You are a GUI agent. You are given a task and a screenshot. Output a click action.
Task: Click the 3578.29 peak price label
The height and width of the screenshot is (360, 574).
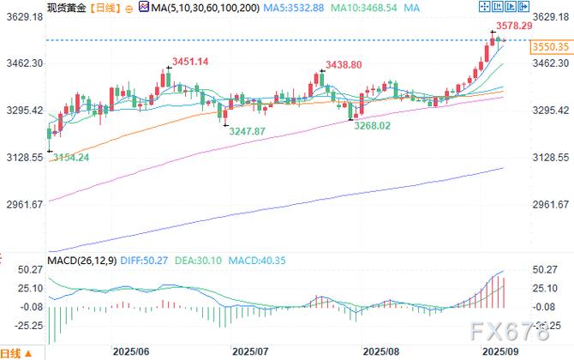pyautogui.click(x=520, y=27)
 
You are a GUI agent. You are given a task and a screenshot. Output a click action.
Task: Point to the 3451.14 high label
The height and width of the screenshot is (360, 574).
pyautogui.click(x=191, y=61)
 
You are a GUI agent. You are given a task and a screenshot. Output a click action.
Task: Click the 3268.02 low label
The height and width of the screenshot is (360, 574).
pyautogui.click(x=373, y=125)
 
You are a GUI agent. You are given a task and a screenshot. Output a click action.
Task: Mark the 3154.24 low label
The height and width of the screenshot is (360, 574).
pyautogui.click(x=71, y=157)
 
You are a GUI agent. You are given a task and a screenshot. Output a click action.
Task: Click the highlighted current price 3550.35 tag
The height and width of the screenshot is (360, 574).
pyautogui.click(x=551, y=48)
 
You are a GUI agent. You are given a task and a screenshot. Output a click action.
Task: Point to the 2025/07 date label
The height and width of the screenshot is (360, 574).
pyautogui.click(x=251, y=351)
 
